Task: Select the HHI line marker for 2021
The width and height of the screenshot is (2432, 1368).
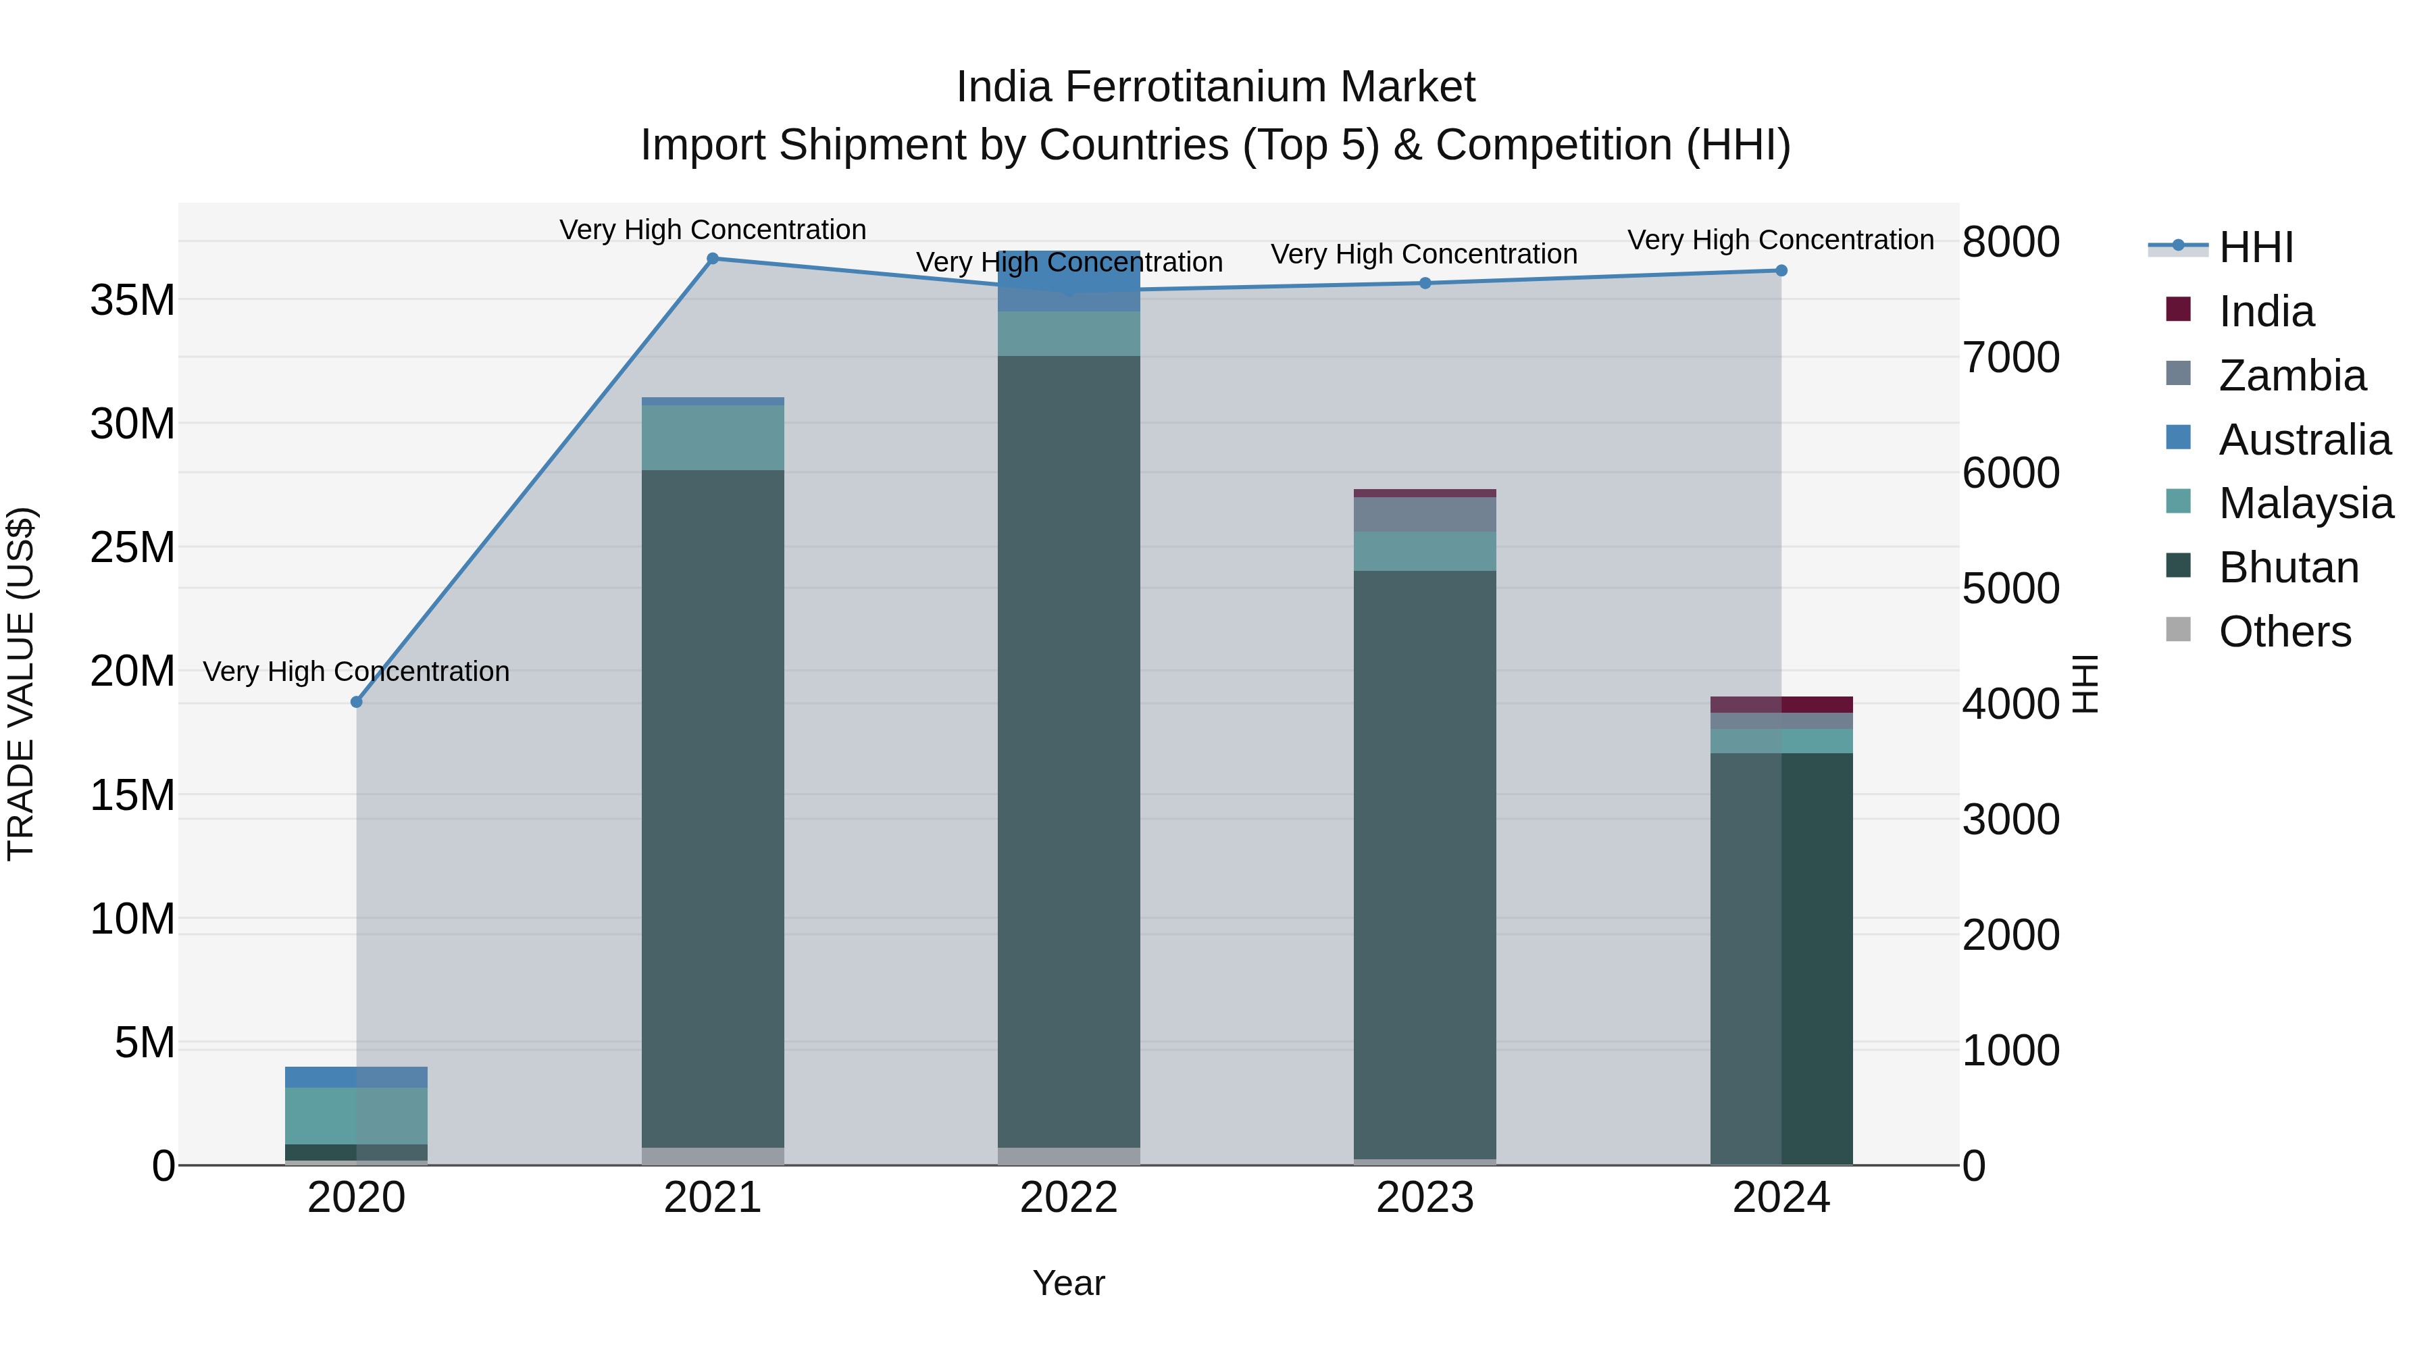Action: (713, 259)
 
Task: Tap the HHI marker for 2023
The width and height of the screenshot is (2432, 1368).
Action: (1425, 283)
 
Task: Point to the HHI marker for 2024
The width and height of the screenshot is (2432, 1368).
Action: (1781, 271)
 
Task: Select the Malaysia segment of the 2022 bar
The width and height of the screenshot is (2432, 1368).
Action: (1069, 333)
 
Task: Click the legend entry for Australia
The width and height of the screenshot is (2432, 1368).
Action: (2304, 440)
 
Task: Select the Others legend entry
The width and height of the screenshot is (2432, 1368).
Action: (2284, 632)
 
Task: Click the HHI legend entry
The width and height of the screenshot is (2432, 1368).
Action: (2256, 247)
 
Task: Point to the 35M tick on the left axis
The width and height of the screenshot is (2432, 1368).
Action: (132, 300)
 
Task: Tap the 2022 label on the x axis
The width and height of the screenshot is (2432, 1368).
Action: (1069, 1197)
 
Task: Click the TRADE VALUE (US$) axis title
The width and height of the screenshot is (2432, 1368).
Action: (21, 684)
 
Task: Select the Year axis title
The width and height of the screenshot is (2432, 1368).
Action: (1069, 1283)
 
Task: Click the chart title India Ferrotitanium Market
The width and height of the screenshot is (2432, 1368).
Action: (1215, 87)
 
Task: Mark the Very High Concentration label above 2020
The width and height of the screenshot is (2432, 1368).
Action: (356, 672)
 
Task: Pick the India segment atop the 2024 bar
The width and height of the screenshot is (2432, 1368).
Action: (1781, 705)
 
